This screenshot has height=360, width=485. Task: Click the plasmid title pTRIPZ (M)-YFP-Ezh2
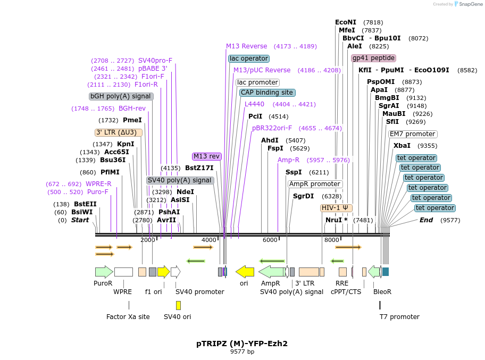(x=242, y=344)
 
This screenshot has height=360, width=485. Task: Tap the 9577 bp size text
(x=242, y=351)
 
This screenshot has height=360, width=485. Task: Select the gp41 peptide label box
(x=374, y=58)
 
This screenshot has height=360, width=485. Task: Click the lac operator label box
(x=249, y=58)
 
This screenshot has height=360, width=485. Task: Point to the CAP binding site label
(x=267, y=93)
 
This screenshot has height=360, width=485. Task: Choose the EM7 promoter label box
(x=413, y=134)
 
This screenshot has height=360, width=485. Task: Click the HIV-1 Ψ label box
(x=336, y=208)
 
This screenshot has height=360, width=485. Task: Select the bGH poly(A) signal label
(x=121, y=96)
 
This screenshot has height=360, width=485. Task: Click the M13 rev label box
(x=207, y=156)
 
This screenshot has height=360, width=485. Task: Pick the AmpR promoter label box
(x=315, y=184)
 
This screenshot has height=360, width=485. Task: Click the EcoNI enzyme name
(x=346, y=22)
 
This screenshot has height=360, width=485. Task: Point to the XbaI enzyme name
(x=402, y=146)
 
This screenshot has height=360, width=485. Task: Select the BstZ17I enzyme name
(x=199, y=168)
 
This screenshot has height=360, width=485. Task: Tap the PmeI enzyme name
(x=132, y=120)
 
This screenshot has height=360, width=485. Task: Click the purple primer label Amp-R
(x=288, y=160)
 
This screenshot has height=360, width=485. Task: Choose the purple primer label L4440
(x=255, y=104)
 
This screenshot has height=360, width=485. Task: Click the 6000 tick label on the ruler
(x=270, y=240)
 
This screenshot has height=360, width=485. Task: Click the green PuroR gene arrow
(x=104, y=272)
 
